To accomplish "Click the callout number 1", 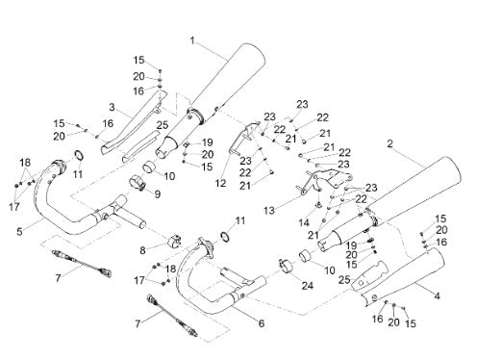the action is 192,40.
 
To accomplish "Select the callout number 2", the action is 389,143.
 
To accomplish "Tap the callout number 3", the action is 112,107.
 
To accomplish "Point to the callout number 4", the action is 437,296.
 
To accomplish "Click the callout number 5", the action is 19,231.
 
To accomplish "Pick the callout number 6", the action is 262,323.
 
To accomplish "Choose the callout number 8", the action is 142,250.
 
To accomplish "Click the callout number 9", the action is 157,194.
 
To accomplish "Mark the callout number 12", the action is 220,183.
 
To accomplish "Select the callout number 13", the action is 269,211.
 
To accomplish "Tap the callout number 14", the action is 304,222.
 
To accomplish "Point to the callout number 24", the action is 307,285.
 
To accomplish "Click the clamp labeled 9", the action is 138,182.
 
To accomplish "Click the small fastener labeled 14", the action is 319,204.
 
